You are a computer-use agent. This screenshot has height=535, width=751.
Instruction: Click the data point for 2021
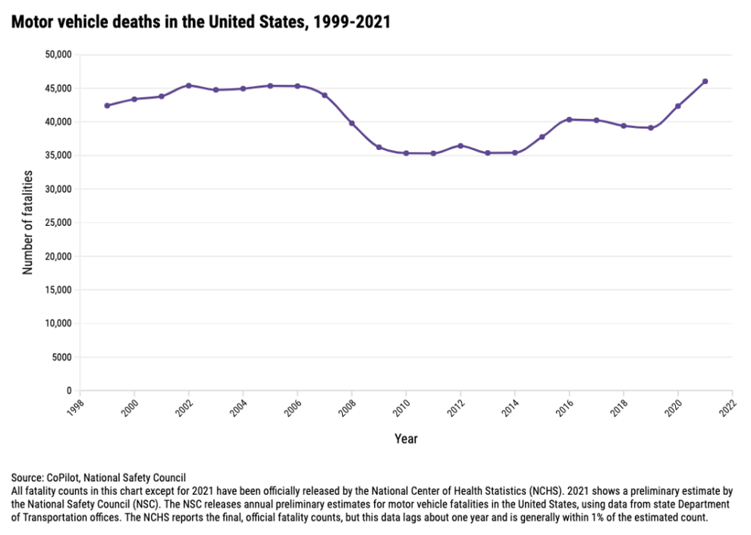click(x=705, y=81)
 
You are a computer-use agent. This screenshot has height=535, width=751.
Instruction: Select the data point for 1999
click(x=107, y=105)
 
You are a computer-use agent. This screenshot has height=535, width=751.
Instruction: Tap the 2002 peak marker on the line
click(x=188, y=85)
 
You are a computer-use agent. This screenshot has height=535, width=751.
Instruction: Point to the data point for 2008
click(x=351, y=123)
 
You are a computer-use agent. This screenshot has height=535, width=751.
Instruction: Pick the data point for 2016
click(x=569, y=119)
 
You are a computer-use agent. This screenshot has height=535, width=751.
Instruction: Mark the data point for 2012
click(x=460, y=145)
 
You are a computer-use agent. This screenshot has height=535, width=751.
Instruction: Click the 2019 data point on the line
click(x=651, y=128)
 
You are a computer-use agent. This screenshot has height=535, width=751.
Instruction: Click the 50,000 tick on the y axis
click(x=58, y=55)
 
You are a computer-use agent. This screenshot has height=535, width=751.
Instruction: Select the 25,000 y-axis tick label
click(x=58, y=223)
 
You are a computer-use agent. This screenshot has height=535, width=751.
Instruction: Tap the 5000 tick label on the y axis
click(x=62, y=357)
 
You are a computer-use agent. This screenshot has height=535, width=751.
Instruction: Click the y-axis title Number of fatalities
click(x=28, y=222)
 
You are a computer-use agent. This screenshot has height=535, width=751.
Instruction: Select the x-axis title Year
click(x=406, y=439)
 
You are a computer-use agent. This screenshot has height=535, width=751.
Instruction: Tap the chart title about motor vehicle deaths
click(x=200, y=22)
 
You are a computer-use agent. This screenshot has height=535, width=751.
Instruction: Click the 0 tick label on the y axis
click(x=69, y=390)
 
